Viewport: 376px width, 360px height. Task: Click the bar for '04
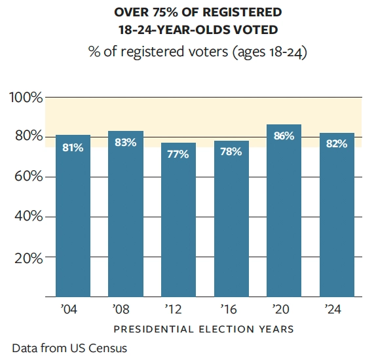[73, 216]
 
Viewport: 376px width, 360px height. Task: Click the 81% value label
[73, 148]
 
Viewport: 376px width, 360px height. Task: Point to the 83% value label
[125, 143]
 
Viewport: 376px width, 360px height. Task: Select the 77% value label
[178, 154]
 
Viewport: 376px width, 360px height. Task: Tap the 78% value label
[231, 152]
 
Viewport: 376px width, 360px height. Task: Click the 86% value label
[284, 136]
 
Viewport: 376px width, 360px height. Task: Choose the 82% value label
[336, 144]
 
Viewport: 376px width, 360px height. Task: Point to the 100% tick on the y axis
[26, 98]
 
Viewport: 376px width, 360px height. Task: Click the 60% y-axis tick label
[28, 177]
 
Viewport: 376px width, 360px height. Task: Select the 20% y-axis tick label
[28, 257]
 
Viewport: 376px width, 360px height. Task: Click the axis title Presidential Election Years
[204, 329]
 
